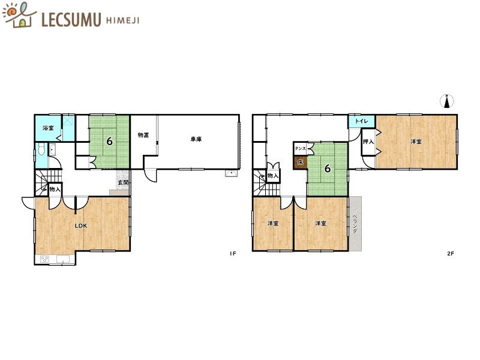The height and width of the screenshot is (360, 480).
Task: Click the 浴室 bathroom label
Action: (x=48, y=128)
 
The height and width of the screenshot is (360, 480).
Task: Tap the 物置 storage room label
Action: (x=143, y=135)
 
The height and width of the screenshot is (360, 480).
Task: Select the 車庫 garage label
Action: (x=196, y=139)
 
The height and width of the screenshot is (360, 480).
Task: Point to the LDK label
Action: (x=81, y=226)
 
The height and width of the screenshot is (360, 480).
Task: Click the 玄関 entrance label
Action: (x=124, y=182)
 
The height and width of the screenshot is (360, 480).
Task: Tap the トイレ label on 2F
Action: (x=362, y=121)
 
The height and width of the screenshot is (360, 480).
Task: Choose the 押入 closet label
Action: (x=368, y=142)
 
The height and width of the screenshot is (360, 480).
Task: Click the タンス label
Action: (x=300, y=148)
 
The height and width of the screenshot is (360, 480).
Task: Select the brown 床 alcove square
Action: (x=301, y=162)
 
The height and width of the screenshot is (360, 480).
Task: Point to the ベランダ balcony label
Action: (x=355, y=224)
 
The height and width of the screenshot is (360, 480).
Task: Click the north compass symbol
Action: (x=447, y=101)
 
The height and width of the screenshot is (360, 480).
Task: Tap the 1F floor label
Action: (x=233, y=253)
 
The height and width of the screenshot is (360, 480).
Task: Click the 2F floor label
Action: (x=451, y=253)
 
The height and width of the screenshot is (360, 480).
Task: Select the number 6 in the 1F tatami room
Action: (x=109, y=141)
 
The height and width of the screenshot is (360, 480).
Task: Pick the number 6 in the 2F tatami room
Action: (x=328, y=168)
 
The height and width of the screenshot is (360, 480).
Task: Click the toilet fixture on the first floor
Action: (x=41, y=150)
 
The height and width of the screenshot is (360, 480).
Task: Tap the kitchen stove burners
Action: (x=44, y=259)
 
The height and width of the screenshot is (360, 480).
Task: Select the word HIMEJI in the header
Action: (x=123, y=20)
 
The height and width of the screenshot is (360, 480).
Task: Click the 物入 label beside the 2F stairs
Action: (x=273, y=176)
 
